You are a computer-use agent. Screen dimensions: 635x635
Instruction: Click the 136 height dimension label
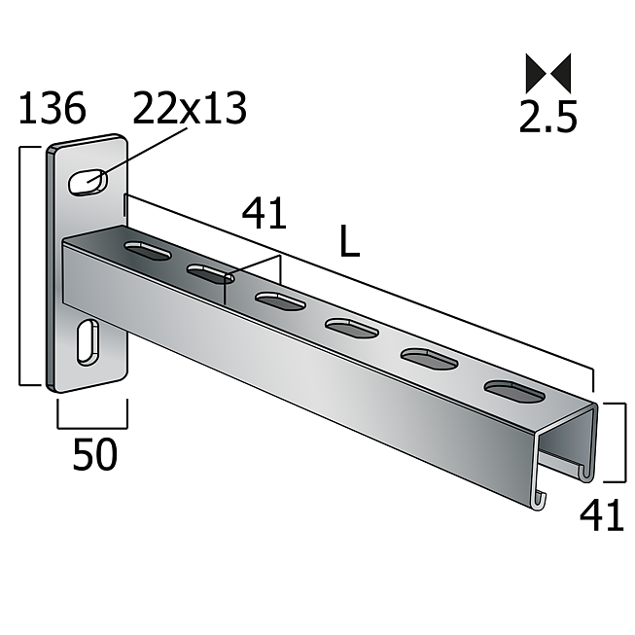(53, 108)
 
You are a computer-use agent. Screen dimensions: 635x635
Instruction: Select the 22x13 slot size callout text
(190, 108)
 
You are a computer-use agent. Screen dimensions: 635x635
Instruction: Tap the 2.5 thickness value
(547, 117)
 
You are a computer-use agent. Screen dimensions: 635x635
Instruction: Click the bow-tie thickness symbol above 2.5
(548, 73)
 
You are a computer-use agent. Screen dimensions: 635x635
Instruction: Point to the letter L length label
(350, 241)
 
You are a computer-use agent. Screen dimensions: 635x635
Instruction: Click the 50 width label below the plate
(94, 454)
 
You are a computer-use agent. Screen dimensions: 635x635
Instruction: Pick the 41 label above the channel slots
(265, 213)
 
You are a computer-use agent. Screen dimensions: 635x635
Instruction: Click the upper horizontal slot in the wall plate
(88, 182)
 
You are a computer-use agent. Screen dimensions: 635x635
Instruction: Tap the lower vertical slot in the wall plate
(88, 342)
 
